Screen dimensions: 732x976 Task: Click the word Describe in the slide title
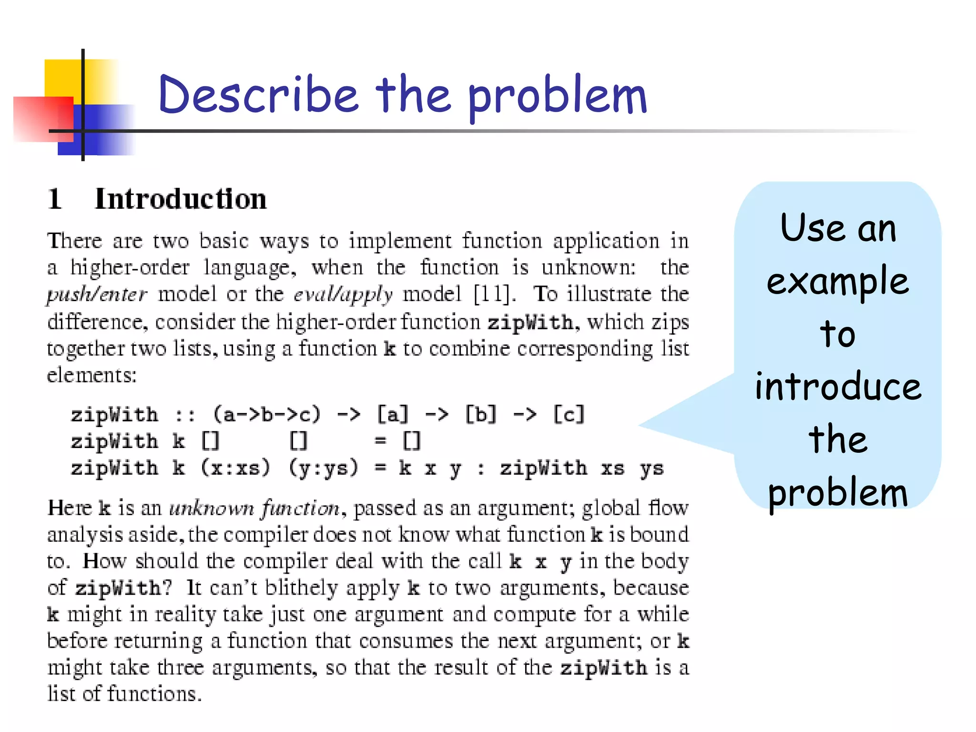(x=258, y=95)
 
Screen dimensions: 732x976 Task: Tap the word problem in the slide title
(x=558, y=98)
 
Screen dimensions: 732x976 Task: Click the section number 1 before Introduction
(x=55, y=199)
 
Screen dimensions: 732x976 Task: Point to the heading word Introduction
(x=181, y=199)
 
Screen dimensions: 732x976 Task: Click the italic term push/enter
(x=97, y=295)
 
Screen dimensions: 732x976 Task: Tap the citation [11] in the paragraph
(x=494, y=295)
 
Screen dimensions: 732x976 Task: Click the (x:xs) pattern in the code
(x=235, y=468)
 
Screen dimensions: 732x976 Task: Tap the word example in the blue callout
(x=838, y=281)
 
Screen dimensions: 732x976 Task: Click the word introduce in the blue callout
(x=838, y=386)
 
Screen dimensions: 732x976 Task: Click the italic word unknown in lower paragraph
(x=212, y=508)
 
